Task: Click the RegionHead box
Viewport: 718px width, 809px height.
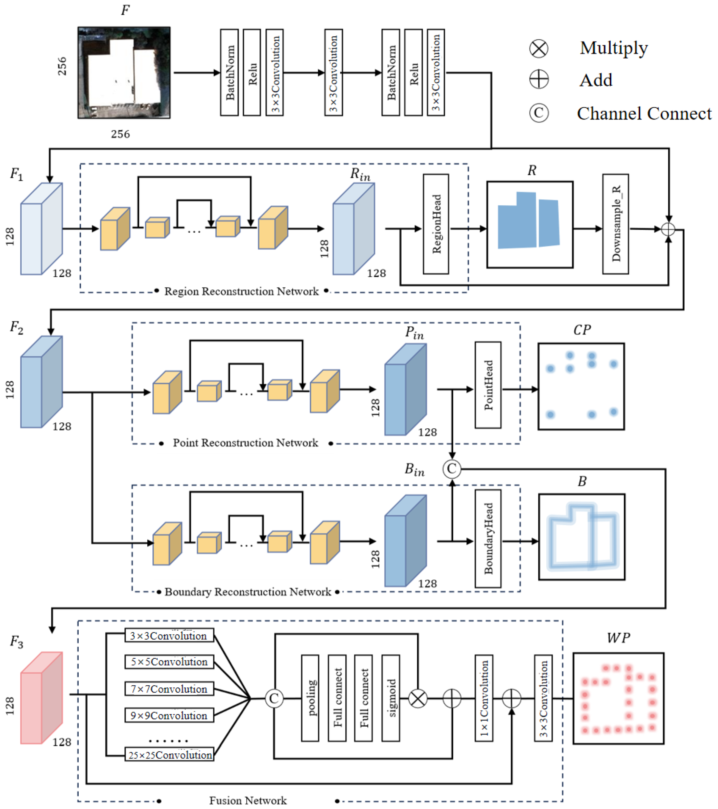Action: point(436,224)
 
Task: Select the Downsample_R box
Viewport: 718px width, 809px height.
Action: point(615,224)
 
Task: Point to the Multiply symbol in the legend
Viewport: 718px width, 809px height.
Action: point(539,49)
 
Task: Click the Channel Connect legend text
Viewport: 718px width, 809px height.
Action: point(644,114)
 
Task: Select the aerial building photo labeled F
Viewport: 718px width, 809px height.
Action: point(124,73)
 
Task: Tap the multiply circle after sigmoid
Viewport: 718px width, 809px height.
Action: point(418,699)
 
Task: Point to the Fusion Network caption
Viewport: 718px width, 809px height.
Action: point(248,801)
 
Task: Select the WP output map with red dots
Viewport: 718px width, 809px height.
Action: point(619,699)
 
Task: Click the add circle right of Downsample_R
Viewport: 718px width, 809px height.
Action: point(668,229)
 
